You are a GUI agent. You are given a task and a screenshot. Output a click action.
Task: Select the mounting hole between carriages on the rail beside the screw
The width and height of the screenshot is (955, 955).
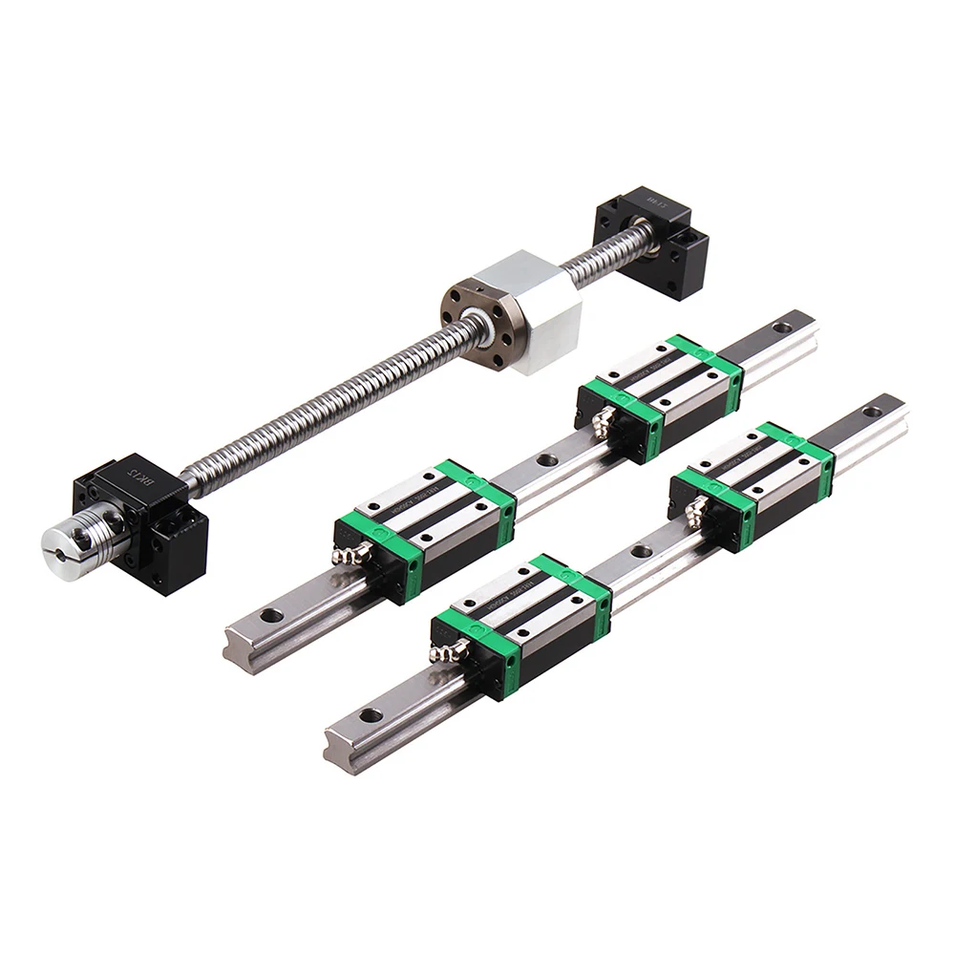point(547,459)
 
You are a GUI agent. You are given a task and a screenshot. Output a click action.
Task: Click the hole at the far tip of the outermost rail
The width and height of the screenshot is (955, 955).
point(872,412)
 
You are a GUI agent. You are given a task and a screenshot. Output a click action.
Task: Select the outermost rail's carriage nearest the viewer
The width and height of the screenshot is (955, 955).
point(520,621)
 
